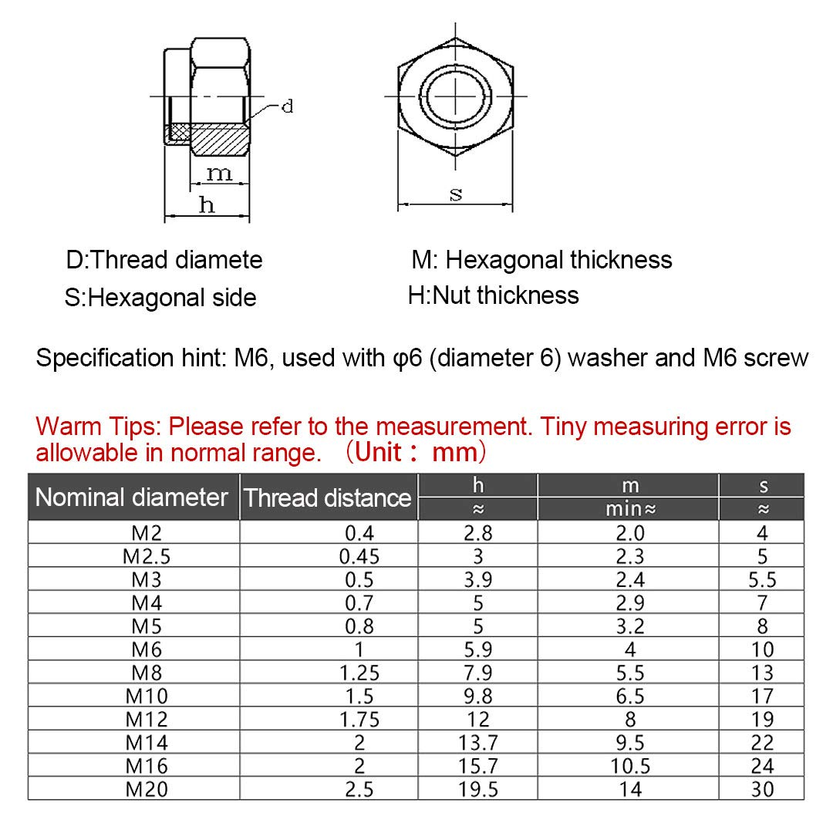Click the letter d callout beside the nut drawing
287,106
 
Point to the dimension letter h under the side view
207,204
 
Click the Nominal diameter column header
132,497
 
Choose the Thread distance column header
328,497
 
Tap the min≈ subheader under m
630,509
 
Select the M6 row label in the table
147,649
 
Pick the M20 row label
147,789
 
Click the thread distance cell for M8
359,673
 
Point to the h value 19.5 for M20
478,789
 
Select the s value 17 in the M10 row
762,696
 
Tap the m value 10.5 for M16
630,766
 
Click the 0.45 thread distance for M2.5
359,556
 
